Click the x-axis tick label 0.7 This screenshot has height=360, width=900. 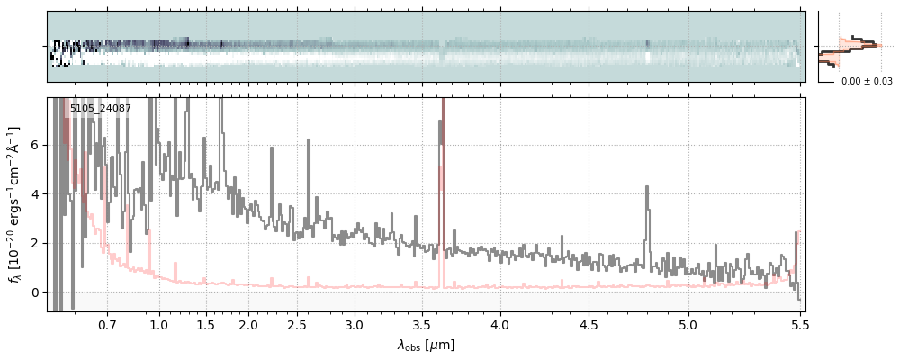(107, 323)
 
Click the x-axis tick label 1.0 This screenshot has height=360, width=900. (159, 323)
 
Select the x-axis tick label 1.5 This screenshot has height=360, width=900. (205, 323)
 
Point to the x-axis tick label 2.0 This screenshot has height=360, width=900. (248, 323)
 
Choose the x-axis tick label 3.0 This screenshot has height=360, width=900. (355, 323)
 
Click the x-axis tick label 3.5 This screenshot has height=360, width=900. (421, 323)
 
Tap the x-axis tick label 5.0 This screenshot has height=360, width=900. (688, 323)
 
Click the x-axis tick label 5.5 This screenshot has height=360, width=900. (797, 323)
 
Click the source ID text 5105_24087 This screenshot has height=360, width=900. (100, 109)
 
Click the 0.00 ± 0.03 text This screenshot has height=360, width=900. (867, 81)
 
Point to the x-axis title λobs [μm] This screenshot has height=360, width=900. (426, 345)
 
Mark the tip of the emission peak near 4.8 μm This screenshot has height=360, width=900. (646, 187)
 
